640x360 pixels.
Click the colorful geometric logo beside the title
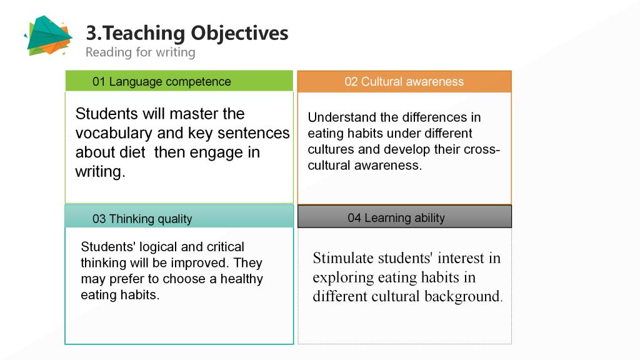coord(49,36)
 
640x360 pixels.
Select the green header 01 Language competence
coord(179,81)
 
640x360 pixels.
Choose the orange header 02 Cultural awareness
coord(404,82)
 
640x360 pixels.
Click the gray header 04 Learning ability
coord(404,217)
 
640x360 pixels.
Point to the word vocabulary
coord(114,134)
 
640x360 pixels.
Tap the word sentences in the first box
coord(254,133)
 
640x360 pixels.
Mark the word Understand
coord(342,117)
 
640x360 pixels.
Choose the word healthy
coord(242,279)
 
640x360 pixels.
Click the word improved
coord(201,263)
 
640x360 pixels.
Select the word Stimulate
coord(343,258)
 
